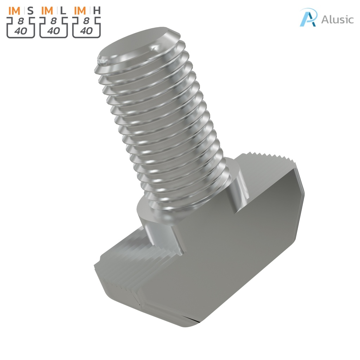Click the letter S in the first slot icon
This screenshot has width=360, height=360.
(x=31, y=11)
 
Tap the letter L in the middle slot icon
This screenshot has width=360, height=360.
(x=63, y=11)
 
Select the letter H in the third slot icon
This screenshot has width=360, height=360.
(x=97, y=11)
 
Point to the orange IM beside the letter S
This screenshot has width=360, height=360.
(x=14, y=11)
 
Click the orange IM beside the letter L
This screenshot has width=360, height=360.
(x=47, y=11)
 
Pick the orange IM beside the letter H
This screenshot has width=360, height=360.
(x=80, y=11)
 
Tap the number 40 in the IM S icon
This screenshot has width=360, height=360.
(x=20, y=31)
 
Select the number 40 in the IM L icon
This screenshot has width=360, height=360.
(x=53, y=31)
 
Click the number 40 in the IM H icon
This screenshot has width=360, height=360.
(x=86, y=31)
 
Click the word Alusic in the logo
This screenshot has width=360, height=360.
(x=337, y=19)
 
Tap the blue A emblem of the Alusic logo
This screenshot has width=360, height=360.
(x=308, y=18)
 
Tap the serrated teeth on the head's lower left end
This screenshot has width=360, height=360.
(x=130, y=267)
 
